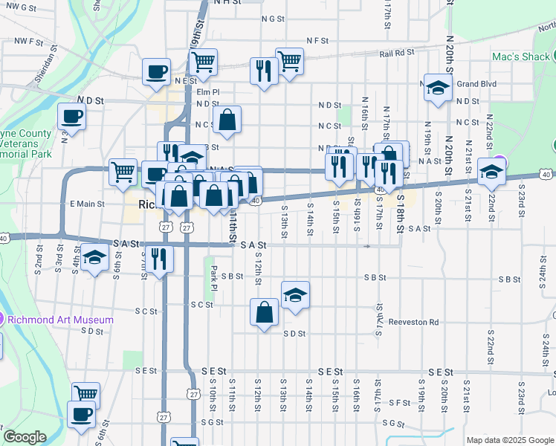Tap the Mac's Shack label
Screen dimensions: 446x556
point(520,56)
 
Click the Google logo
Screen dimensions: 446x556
point(25,437)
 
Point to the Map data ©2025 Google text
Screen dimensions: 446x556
point(509,440)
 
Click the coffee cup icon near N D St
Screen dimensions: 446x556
point(72,116)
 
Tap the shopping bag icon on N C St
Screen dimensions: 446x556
point(227,119)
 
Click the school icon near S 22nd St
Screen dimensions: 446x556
point(491,172)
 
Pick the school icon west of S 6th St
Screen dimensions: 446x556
point(95,257)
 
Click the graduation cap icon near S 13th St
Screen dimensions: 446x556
point(295,294)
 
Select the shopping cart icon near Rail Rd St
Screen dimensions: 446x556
point(289,61)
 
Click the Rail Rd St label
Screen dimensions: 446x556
point(396,54)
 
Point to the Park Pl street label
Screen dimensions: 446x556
point(213,285)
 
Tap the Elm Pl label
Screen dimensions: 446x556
point(209,91)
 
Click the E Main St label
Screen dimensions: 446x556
point(87,203)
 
